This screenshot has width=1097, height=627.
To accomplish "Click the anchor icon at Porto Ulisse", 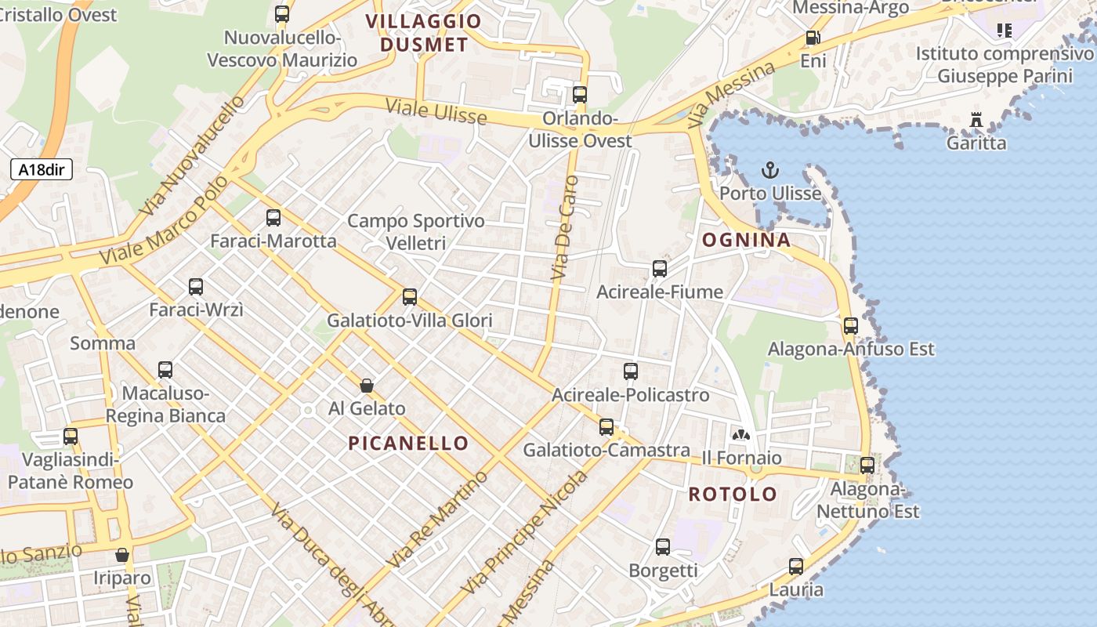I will point(770,170).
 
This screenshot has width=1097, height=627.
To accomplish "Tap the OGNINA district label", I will point(746,240).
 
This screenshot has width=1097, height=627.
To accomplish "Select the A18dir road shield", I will point(42,169).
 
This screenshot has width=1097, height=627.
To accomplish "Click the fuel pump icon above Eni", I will point(813,38).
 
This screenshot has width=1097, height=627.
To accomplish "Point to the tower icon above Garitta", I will point(976,121).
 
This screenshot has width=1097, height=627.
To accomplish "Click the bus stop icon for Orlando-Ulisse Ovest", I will point(580,95).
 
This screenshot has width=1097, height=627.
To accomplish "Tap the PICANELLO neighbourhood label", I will point(408,443).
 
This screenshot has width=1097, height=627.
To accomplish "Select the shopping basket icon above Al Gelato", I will point(366,386).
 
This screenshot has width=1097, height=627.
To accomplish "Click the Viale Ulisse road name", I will point(436,112).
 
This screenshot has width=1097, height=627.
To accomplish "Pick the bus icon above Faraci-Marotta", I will point(273,218).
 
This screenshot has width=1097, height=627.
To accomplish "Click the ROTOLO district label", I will point(733,495).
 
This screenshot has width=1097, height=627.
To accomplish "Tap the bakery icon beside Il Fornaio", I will point(740,434).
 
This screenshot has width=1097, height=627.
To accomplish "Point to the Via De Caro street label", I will point(564,228).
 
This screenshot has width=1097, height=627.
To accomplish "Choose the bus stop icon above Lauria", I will point(796,566).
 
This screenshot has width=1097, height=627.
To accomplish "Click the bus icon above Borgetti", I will point(663,547).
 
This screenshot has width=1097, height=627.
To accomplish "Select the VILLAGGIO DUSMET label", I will point(424,33).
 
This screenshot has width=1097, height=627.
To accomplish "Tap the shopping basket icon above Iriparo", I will point(122,555).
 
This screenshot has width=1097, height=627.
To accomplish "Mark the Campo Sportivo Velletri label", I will point(416,232).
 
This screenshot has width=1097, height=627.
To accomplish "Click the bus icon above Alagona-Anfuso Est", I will point(851,326).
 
